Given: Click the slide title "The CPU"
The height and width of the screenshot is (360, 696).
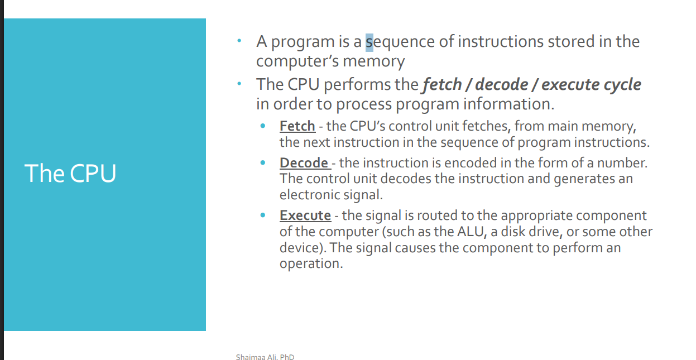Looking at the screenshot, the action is pyautogui.click(x=70, y=173).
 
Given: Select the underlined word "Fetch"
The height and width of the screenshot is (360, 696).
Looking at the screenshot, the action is pyautogui.click(x=297, y=126).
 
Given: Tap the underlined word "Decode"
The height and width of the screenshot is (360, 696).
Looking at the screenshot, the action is pyautogui.click(x=304, y=163).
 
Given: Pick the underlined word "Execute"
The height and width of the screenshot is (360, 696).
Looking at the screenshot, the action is pyautogui.click(x=305, y=215).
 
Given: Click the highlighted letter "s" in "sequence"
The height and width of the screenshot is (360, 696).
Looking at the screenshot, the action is pyautogui.click(x=369, y=42).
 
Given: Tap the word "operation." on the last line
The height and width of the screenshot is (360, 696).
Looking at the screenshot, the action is pyautogui.click(x=311, y=263).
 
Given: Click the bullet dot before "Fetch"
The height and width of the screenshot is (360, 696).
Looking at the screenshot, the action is pyautogui.click(x=263, y=126).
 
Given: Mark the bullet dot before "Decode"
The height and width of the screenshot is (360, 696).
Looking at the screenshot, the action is pyautogui.click(x=263, y=163).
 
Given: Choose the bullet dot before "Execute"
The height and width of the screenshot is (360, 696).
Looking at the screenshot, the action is pyautogui.click(x=263, y=215).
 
